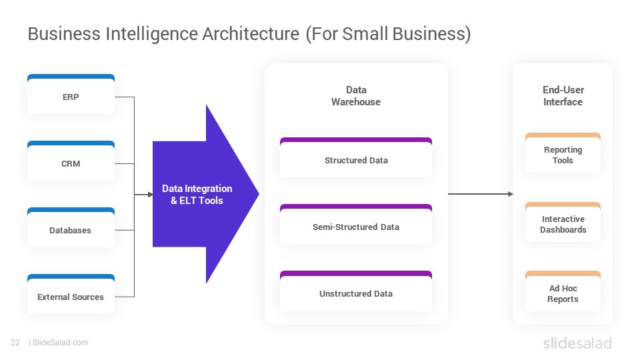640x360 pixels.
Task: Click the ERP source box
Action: (71, 94)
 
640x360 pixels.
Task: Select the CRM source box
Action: (71, 161)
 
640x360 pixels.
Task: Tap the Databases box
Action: (71, 227)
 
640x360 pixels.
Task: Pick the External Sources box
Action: (71, 294)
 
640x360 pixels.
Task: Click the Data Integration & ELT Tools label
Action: (197, 194)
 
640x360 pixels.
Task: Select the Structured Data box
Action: (356, 157)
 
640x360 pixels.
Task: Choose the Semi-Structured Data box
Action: (356, 224)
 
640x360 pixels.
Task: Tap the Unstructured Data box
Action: (356, 291)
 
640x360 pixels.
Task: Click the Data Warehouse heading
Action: (356, 96)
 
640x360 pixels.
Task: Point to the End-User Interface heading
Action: (563, 96)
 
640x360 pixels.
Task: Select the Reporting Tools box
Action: (563, 153)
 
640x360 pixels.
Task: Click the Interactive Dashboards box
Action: (563, 222)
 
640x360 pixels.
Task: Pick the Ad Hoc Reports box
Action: (563, 291)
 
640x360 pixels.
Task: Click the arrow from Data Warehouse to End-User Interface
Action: (481, 194)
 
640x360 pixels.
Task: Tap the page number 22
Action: (15, 343)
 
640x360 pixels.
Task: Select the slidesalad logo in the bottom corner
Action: (577, 343)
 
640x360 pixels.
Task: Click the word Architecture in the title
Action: (251, 34)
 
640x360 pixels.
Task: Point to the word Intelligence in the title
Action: (152, 34)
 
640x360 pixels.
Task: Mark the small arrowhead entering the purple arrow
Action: (150, 195)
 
